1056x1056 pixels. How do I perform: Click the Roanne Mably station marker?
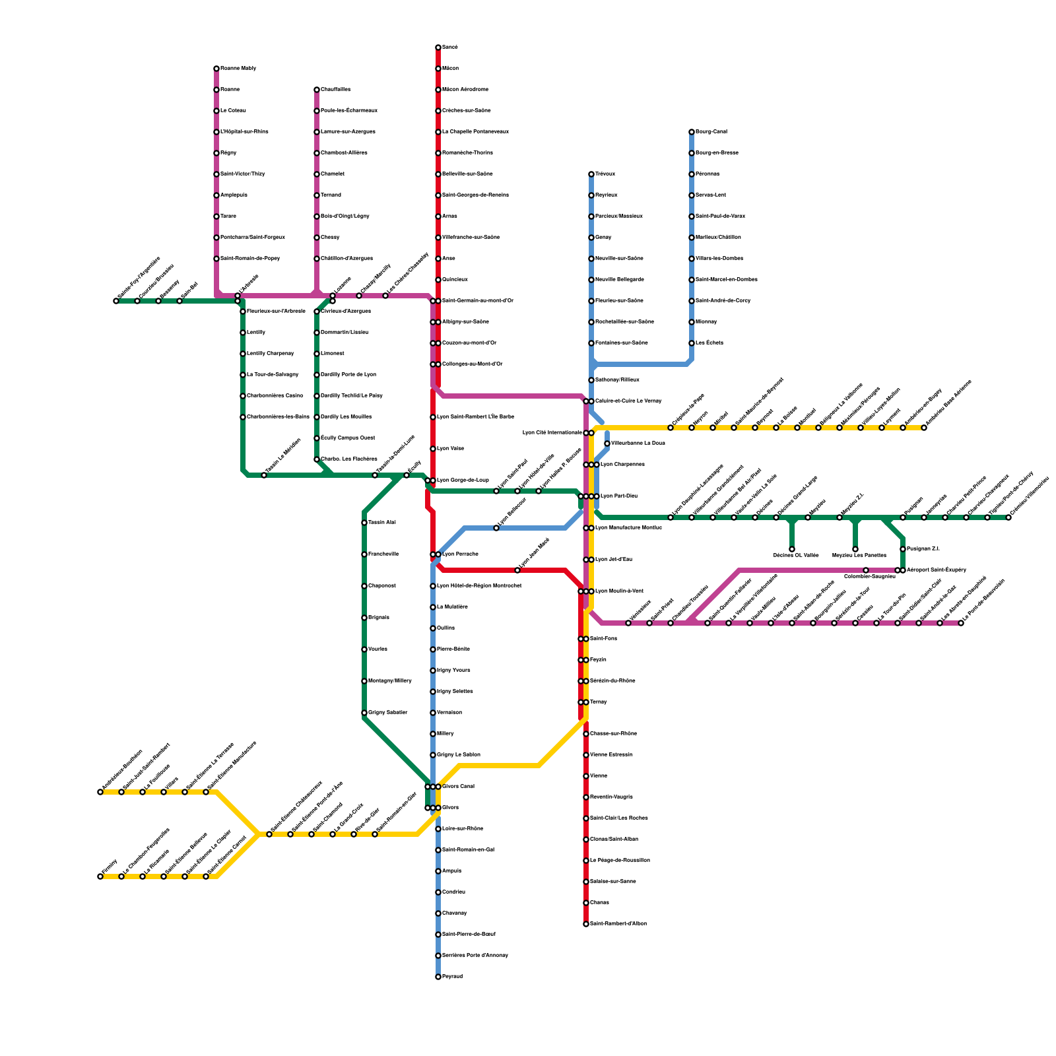coord(216,69)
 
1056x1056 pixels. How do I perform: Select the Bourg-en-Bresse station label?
coord(717,153)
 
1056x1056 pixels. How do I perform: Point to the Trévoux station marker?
coord(591,174)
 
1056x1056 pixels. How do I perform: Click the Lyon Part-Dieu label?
coord(618,496)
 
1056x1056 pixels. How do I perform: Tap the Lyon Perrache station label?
coord(460,554)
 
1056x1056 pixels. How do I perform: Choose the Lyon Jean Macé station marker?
coord(517,570)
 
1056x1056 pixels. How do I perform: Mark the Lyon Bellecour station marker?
coord(496,528)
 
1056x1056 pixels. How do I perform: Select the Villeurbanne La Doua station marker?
coord(607,444)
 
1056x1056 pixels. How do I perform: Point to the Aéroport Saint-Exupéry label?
coord(936,570)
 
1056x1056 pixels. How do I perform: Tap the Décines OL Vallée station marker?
coord(792,549)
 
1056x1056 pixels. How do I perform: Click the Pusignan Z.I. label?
coord(923,549)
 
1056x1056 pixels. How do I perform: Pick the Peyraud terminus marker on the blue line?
coord(438,977)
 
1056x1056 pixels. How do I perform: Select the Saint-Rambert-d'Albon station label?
coord(618,924)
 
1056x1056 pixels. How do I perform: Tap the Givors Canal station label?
coord(458,787)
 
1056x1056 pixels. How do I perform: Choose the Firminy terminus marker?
coord(100,876)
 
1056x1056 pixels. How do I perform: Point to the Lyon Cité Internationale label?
coord(552,433)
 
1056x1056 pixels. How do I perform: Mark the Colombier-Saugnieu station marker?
coord(866,570)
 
